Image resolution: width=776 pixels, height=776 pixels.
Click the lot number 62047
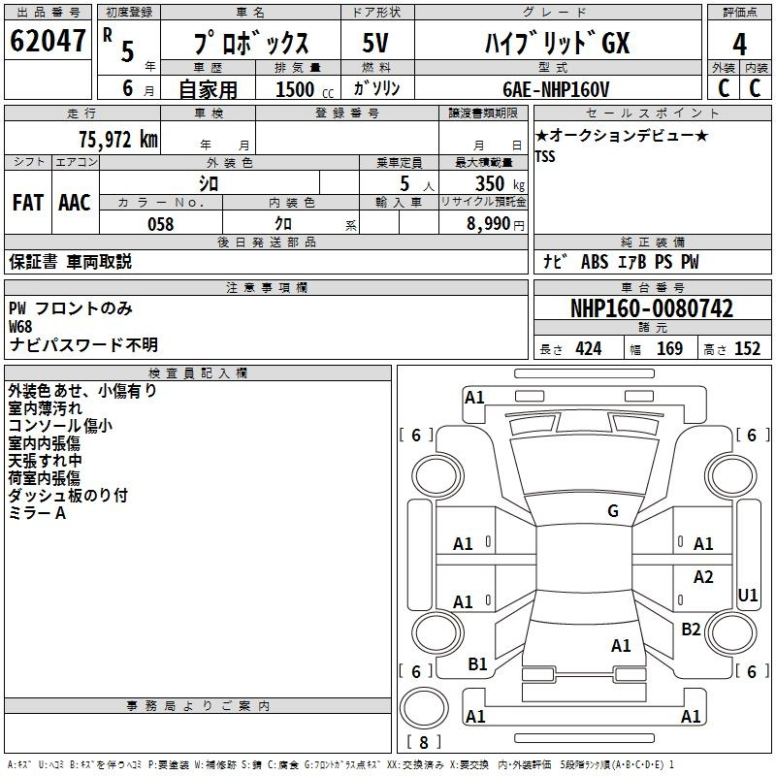tap(48, 41)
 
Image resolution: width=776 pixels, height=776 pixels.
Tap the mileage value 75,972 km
tap(118, 139)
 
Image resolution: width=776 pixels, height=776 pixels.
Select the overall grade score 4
tap(739, 44)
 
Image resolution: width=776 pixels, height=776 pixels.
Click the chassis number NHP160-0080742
tap(652, 308)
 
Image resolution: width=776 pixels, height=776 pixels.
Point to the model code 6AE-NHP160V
tap(556, 89)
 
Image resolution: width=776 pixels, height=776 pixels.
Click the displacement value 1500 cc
tap(305, 89)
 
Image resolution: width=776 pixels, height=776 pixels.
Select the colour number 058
tap(161, 224)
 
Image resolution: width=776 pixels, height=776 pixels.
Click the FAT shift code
tap(28, 203)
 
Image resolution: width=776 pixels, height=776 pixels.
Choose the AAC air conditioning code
tap(75, 203)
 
